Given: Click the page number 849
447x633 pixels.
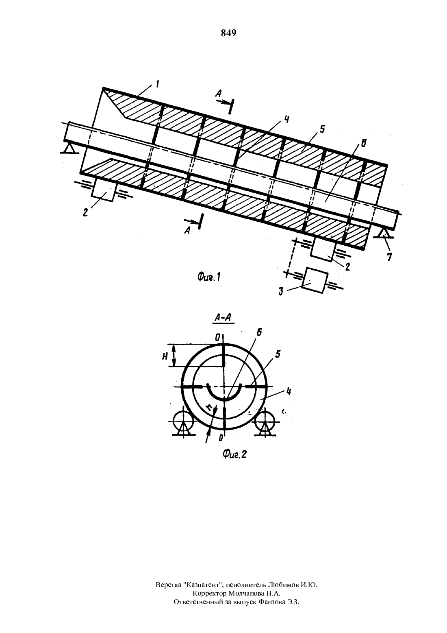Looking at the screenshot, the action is click(x=228, y=33).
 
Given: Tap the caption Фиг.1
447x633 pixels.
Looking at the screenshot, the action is click(x=209, y=278).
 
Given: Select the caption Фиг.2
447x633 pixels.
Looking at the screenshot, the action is click(x=234, y=454).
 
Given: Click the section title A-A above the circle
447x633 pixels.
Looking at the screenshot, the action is click(x=223, y=318).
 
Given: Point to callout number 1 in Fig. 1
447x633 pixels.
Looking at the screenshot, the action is click(x=157, y=84).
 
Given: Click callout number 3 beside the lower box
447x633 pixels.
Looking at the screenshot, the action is click(x=281, y=292).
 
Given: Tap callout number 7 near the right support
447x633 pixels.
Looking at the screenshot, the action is click(x=389, y=257).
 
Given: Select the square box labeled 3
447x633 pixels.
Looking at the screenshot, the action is click(x=315, y=280).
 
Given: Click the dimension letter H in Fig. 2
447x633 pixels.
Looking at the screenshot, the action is click(x=165, y=357).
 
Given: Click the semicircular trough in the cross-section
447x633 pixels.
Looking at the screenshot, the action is click(x=223, y=398).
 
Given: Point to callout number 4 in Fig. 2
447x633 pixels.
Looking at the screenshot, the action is click(x=288, y=392).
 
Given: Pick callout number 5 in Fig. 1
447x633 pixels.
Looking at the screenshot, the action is click(x=322, y=129).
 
